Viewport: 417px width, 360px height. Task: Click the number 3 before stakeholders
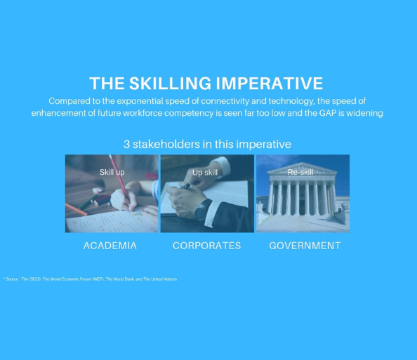tap(127, 144)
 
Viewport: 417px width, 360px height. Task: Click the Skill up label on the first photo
tap(112, 172)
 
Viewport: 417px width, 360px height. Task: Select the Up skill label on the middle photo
tap(205, 172)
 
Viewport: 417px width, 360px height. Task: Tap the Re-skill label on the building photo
tap(300, 172)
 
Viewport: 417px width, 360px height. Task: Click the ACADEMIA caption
tap(110, 246)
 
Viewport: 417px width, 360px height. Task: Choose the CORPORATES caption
tap(206, 246)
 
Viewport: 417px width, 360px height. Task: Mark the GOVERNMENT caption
tap(305, 246)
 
